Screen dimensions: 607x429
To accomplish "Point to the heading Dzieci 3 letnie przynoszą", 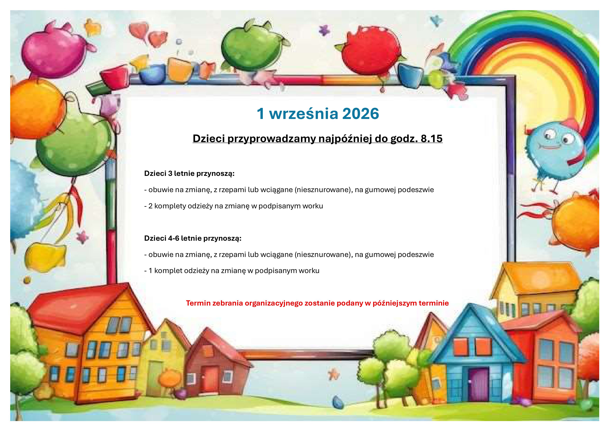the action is (x=189, y=174).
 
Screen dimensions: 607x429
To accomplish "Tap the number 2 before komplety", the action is (x=150, y=206).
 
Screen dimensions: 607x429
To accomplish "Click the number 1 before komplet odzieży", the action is (x=150, y=271).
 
